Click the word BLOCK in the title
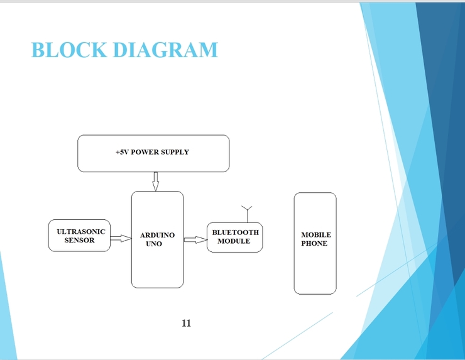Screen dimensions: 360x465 [x=69, y=50]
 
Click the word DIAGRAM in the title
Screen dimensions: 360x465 [x=165, y=50]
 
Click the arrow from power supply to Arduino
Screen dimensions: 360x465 [x=155, y=182]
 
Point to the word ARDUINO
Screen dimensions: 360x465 [x=157, y=236]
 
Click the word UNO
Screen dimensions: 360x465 [x=154, y=244]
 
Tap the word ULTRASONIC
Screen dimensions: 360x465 [x=81, y=232]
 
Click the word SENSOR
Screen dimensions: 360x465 [x=79, y=240]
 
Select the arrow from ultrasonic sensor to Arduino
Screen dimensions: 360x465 [x=120, y=239]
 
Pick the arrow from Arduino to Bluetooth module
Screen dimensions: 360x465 [x=195, y=239]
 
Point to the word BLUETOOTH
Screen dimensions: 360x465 [x=235, y=232]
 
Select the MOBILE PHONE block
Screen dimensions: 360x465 [x=315, y=270]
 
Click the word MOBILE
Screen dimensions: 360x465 [x=315, y=235]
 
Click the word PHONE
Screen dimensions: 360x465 [x=314, y=244]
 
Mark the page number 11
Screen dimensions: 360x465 [x=186, y=324]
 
